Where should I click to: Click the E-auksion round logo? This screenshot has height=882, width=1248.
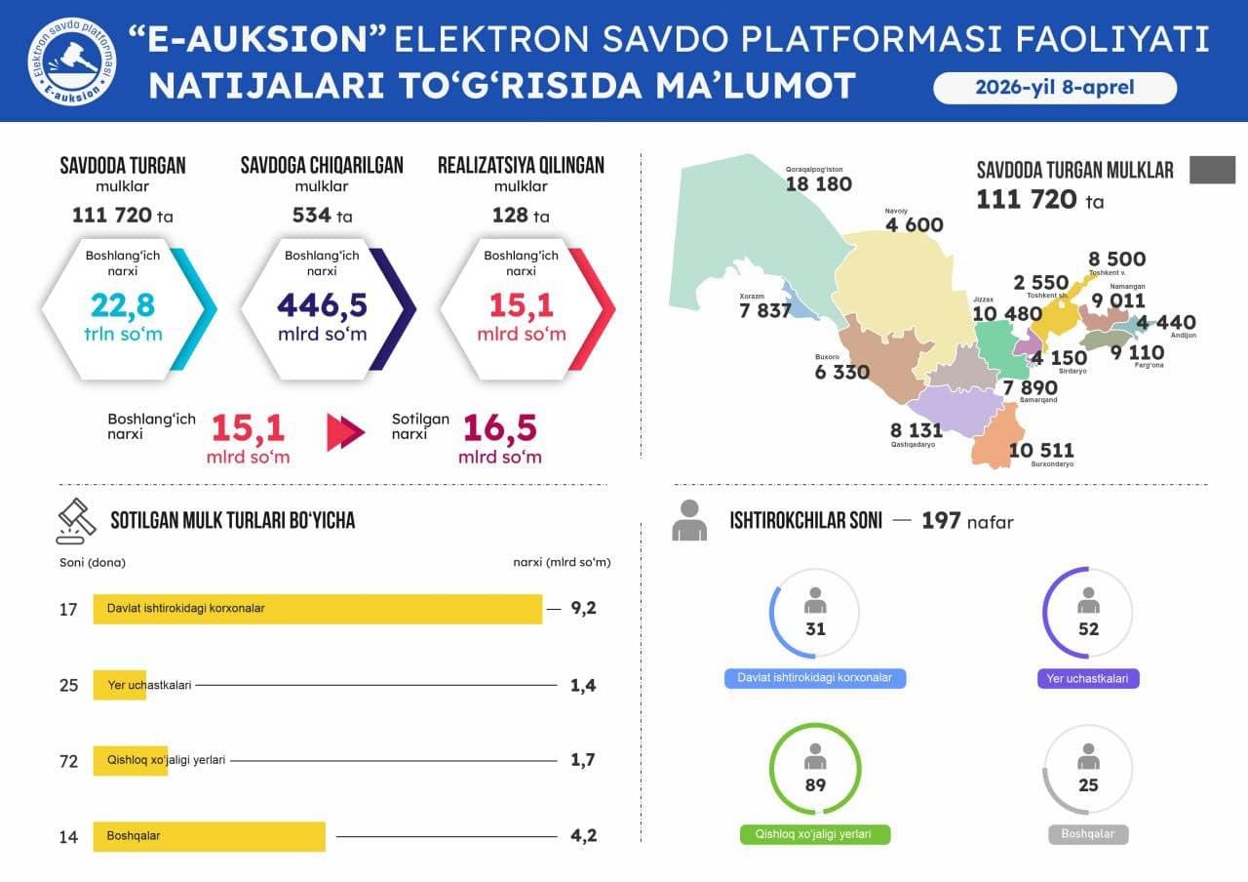point(71,60)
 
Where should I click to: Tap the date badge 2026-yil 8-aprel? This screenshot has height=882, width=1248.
point(1054,88)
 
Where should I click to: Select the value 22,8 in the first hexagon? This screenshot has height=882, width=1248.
point(123,305)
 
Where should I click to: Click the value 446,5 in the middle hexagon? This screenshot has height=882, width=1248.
point(322,305)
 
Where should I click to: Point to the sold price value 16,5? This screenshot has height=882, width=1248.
point(499,428)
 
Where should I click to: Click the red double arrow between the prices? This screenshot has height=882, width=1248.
point(345,432)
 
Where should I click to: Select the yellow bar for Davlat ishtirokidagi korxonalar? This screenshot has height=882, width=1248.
point(317,609)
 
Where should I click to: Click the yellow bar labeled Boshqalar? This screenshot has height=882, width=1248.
point(209,836)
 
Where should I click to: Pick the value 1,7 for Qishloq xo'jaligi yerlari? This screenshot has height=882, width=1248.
point(583,760)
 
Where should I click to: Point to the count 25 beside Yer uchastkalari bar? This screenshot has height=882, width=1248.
point(68,685)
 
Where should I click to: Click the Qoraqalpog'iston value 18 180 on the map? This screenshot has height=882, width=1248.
point(819,184)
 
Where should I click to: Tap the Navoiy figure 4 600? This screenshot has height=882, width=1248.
point(914,225)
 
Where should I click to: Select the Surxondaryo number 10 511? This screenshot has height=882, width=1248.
point(1041,450)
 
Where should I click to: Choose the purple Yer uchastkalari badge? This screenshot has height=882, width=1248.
point(1088,678)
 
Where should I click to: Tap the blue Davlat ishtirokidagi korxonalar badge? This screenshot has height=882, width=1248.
point(815,678)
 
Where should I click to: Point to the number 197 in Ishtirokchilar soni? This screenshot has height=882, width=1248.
point(941,521)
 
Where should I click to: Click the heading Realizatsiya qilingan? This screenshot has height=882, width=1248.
point(521,165)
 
